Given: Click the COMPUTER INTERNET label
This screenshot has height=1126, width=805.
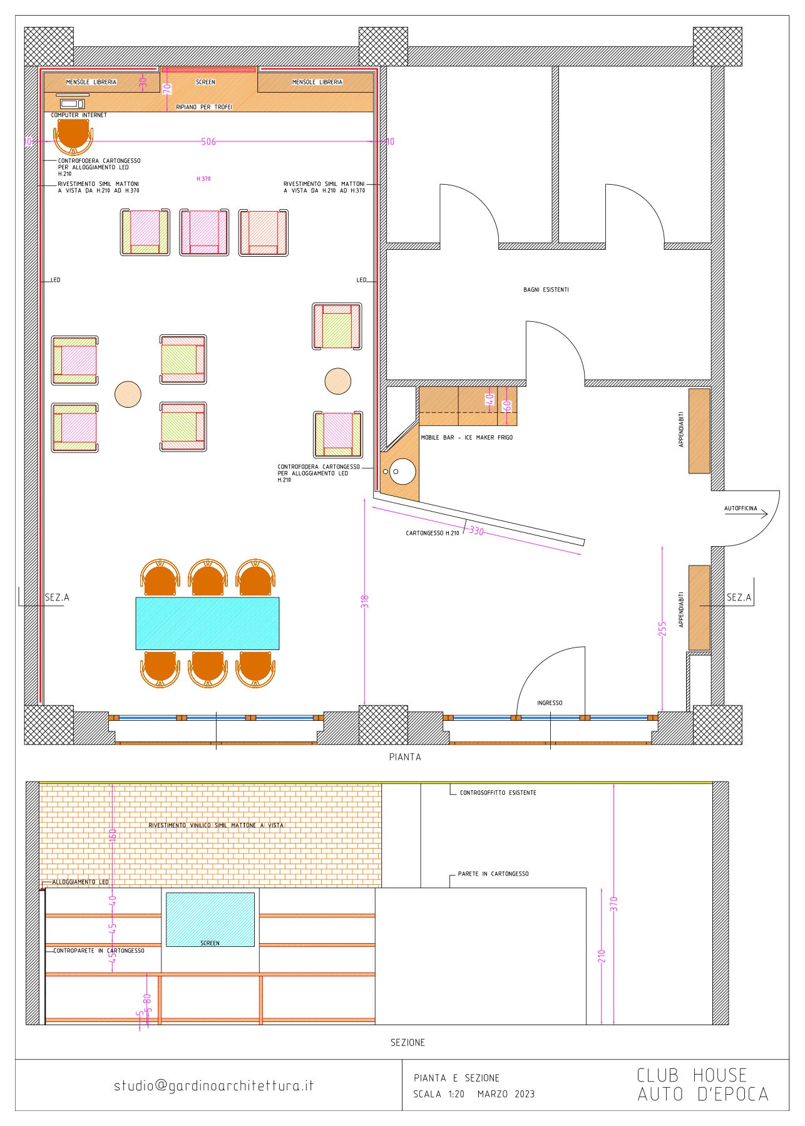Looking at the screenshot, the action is [x=79, y=115].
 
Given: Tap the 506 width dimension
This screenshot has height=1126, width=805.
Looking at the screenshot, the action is [x=208, y=142].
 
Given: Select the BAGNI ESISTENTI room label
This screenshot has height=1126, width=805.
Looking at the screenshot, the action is [x=546, y=290].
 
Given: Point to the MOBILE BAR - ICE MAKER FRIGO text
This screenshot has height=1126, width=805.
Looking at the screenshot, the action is [x=466, y=438].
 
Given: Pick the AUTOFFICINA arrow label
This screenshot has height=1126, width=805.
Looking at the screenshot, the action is [x=741, y=509].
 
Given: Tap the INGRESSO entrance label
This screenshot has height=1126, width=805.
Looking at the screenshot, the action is [x=550, y=703].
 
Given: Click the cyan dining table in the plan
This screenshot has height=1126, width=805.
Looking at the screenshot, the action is [x=207, y=623].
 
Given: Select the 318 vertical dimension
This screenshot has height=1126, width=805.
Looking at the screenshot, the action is [x=365, y=601].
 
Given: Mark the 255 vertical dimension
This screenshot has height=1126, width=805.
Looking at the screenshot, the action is [x=662, y=629].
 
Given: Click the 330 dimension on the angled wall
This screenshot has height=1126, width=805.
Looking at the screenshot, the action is [x=476, y=531].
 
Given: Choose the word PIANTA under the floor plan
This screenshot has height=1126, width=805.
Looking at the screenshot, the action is [x=405, y=757].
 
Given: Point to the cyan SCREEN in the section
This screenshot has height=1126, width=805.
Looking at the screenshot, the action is [x=210, y=919].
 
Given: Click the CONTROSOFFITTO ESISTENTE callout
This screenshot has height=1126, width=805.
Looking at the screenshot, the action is [x=498, y=793].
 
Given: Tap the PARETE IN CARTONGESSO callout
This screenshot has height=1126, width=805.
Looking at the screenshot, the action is [x=493, y=874].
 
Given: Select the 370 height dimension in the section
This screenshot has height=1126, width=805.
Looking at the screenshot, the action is [x=613, y=904].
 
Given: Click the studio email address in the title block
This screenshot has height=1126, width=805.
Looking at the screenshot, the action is [x=213, y=1086].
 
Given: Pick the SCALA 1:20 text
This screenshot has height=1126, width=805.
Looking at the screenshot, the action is [x=439, y=1094].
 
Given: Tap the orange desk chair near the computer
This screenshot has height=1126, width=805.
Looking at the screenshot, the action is [x=73, y=136].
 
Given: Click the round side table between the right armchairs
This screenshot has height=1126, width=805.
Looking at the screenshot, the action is [x=338, y=381].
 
